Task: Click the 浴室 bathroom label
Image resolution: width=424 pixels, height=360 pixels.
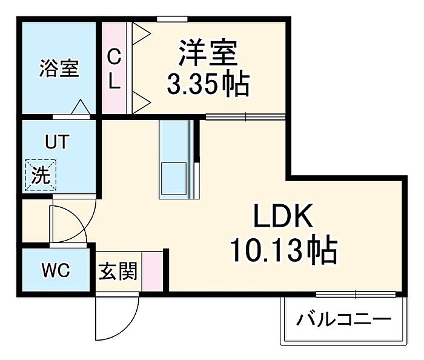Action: (x=59, y=68)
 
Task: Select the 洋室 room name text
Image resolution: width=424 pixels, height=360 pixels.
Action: (x=208, y=53)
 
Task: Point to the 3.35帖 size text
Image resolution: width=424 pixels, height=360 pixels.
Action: (x=208, y=83)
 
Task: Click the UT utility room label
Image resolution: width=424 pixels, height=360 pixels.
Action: (x=57, y=141)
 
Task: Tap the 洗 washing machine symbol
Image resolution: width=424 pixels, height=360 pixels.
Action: (x=41, y=175)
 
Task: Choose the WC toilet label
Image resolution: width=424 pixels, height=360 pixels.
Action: (x=56, y=270)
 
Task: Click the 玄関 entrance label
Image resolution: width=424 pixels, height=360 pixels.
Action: (x=118, y=271)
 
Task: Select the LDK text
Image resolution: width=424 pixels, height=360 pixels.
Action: (x=283, y=216)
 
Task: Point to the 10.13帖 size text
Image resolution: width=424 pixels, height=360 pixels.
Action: (x=283, y=249)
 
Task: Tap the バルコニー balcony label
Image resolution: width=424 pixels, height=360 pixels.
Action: (x=344, y=320)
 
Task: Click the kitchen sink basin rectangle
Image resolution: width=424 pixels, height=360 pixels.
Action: (x=174, y=179)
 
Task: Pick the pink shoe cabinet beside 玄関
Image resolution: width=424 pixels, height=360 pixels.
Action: (x=153, y=272)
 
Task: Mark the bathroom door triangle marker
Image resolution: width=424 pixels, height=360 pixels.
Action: (x=81, y=107)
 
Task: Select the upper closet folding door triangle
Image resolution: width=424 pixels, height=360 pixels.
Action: (x=141, y=33)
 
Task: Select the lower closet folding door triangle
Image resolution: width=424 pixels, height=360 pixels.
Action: (x=141, y=103)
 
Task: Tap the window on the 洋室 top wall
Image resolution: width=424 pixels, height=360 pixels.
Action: (x=172, y=19)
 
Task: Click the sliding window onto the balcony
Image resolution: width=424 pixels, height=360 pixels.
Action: (x=356, y=294)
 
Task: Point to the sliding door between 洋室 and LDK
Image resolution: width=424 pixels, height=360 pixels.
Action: (x=245, y=117)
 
